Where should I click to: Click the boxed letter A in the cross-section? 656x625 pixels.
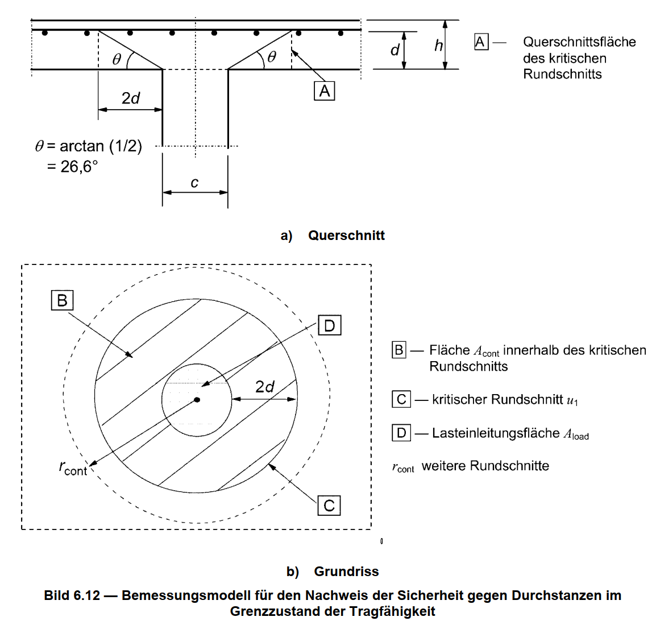325,91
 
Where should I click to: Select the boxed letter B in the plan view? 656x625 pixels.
62,300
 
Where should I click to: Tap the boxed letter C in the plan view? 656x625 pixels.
329,506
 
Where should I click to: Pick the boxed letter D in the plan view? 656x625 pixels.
329,326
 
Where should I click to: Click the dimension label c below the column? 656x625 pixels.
194,183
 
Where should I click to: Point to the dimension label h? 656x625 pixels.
438,45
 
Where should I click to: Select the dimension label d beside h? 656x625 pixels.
395,51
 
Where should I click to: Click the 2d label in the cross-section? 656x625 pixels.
131,98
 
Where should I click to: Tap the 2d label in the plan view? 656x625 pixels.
264,387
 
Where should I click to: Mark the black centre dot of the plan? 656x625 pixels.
197,400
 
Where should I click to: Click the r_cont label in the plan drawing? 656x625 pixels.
73,468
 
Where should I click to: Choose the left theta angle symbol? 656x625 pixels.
117,59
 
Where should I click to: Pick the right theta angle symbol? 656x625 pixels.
272,57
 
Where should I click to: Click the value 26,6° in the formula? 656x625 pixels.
80,167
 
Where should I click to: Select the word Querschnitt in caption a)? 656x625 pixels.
346,235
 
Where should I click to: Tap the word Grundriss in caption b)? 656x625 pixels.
346,572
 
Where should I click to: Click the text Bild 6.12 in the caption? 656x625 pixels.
72,595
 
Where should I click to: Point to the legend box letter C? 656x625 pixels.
401,399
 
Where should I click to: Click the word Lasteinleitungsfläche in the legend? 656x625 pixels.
496,433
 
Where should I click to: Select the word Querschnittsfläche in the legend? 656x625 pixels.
579,42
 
